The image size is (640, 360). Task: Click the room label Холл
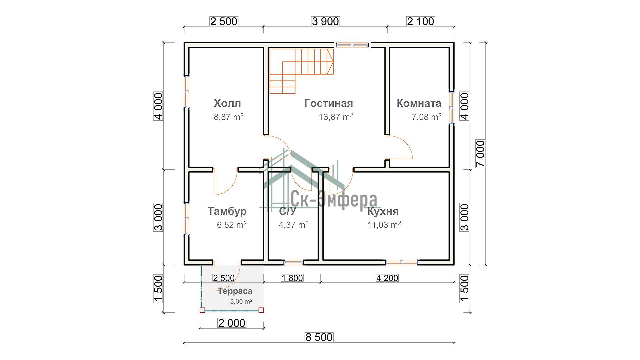(227, 103)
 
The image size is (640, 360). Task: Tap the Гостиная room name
(329, 103)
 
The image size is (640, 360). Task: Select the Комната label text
(419, 103)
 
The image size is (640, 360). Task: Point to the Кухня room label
(383, 211)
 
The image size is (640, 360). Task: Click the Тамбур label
(227, 211)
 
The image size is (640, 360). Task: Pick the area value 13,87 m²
(336, 117)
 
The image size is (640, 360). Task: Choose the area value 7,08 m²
(427, 117)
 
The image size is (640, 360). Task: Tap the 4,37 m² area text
(294, 225)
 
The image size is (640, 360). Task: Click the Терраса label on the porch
(235, 291)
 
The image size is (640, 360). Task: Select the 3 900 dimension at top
(325, 21)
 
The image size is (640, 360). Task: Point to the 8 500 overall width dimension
(319, 337)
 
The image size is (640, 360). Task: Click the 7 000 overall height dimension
(480, 154)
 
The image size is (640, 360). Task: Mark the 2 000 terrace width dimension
(232, 323)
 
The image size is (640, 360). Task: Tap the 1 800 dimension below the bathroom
(292, 278)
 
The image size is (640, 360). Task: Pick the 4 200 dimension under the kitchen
(387, 278)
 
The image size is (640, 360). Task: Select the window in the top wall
(352, 45)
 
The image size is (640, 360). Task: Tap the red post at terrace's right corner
(261, 310)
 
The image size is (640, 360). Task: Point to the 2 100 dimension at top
(421, 21)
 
